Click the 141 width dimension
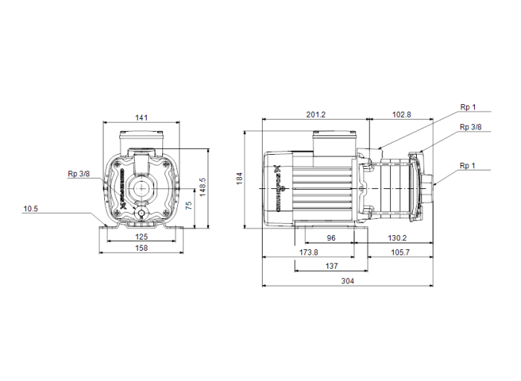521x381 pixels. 141,116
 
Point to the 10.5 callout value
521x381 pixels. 31,209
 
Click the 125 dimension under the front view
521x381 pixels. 141,237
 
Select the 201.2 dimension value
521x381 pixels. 316,115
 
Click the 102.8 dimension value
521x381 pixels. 401,115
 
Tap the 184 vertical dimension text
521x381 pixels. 240,179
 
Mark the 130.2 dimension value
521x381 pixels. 397,238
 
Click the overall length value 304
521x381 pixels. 347,281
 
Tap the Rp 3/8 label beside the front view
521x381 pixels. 78,173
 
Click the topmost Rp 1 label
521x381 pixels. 468,107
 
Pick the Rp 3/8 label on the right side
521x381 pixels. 470,127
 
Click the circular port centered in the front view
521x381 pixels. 141,186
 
